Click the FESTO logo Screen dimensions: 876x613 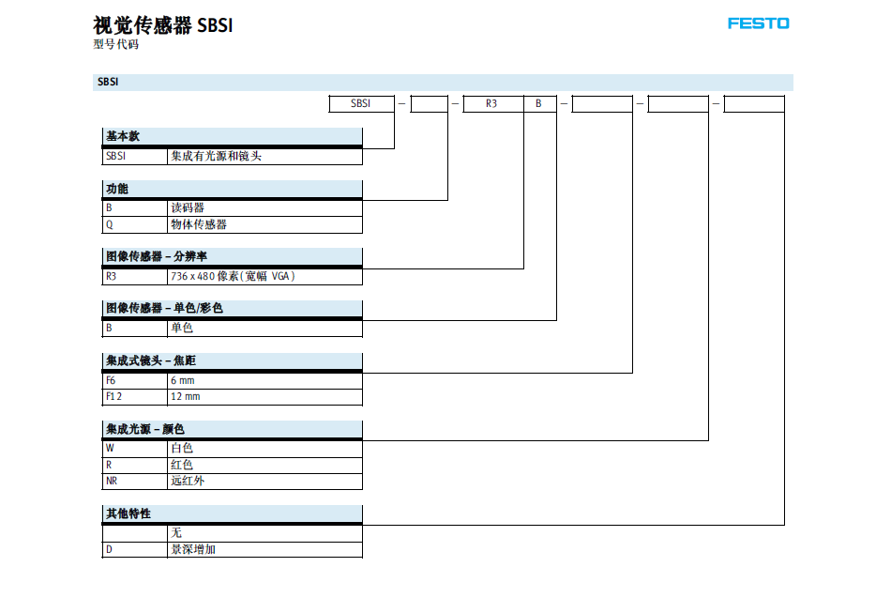[758, 23]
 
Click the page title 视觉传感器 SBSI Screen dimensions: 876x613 [162, 25]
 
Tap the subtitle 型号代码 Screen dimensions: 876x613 [115, 44]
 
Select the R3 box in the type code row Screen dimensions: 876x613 [491, 103]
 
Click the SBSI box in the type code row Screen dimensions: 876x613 [361, 103]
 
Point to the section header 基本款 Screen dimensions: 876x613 [123, 136]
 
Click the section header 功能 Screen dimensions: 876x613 [117, 189]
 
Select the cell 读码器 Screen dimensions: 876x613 [188, 207]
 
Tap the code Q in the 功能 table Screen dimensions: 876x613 [109, 224]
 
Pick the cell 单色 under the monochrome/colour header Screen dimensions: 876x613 [182, 328]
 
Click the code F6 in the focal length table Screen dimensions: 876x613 [111, 380]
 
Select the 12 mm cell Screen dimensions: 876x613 [186, 396]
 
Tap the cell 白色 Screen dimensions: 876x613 [182, 448]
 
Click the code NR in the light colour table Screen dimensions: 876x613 [112, 481]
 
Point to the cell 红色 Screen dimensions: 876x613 [182, 465]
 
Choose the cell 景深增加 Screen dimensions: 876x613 [193, 549]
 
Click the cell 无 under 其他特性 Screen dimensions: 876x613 [176, 532]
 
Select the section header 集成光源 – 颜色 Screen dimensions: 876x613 [145, 429]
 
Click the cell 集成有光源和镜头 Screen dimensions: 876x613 [217, 156]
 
